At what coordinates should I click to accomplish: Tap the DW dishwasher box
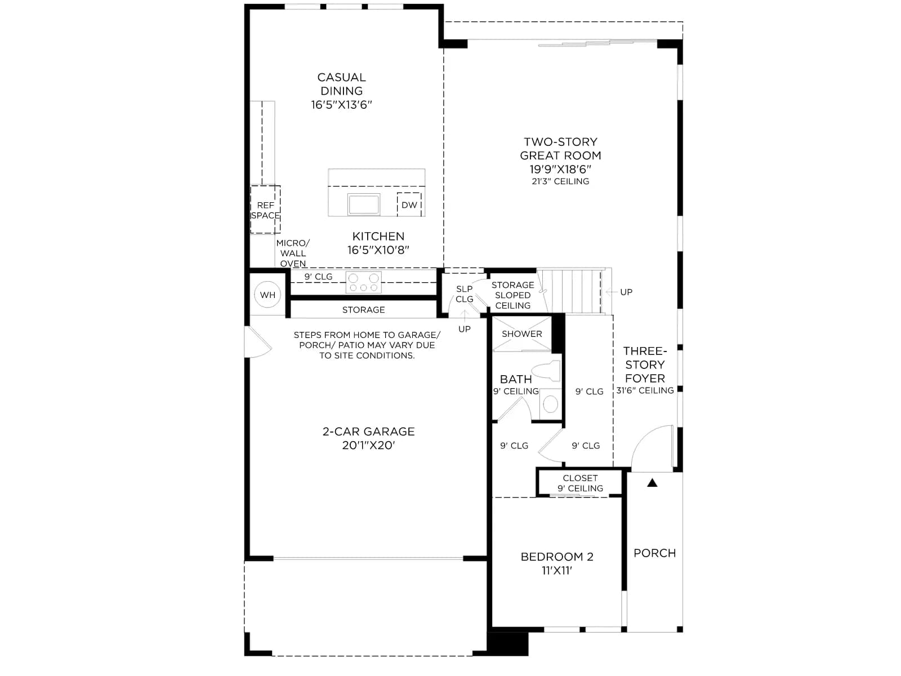(x=409, y=204)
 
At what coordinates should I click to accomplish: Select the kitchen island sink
(x=363, y=204)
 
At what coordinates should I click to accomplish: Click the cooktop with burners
(x=363, y=282)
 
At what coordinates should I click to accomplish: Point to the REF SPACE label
(x=265, y=210)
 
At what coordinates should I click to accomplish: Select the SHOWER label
(x=521, y=333)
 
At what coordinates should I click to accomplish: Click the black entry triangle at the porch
(x=652, y=483)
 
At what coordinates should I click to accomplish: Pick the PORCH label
(x=654, y=553)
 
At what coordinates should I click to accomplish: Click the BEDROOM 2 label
(x=557, y=557)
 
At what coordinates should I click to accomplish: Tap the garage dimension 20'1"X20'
(x=368, y=446)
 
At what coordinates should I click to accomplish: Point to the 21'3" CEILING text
(x=560, y=181)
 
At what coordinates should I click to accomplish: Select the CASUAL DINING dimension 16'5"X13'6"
(x=341, y=105)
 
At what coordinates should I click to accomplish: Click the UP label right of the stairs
(x=626, y=292)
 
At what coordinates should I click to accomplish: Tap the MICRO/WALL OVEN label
(x=293, y=253)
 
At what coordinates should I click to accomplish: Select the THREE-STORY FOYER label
(x=645, y=364)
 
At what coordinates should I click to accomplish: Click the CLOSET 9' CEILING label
(x=580, y=483)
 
